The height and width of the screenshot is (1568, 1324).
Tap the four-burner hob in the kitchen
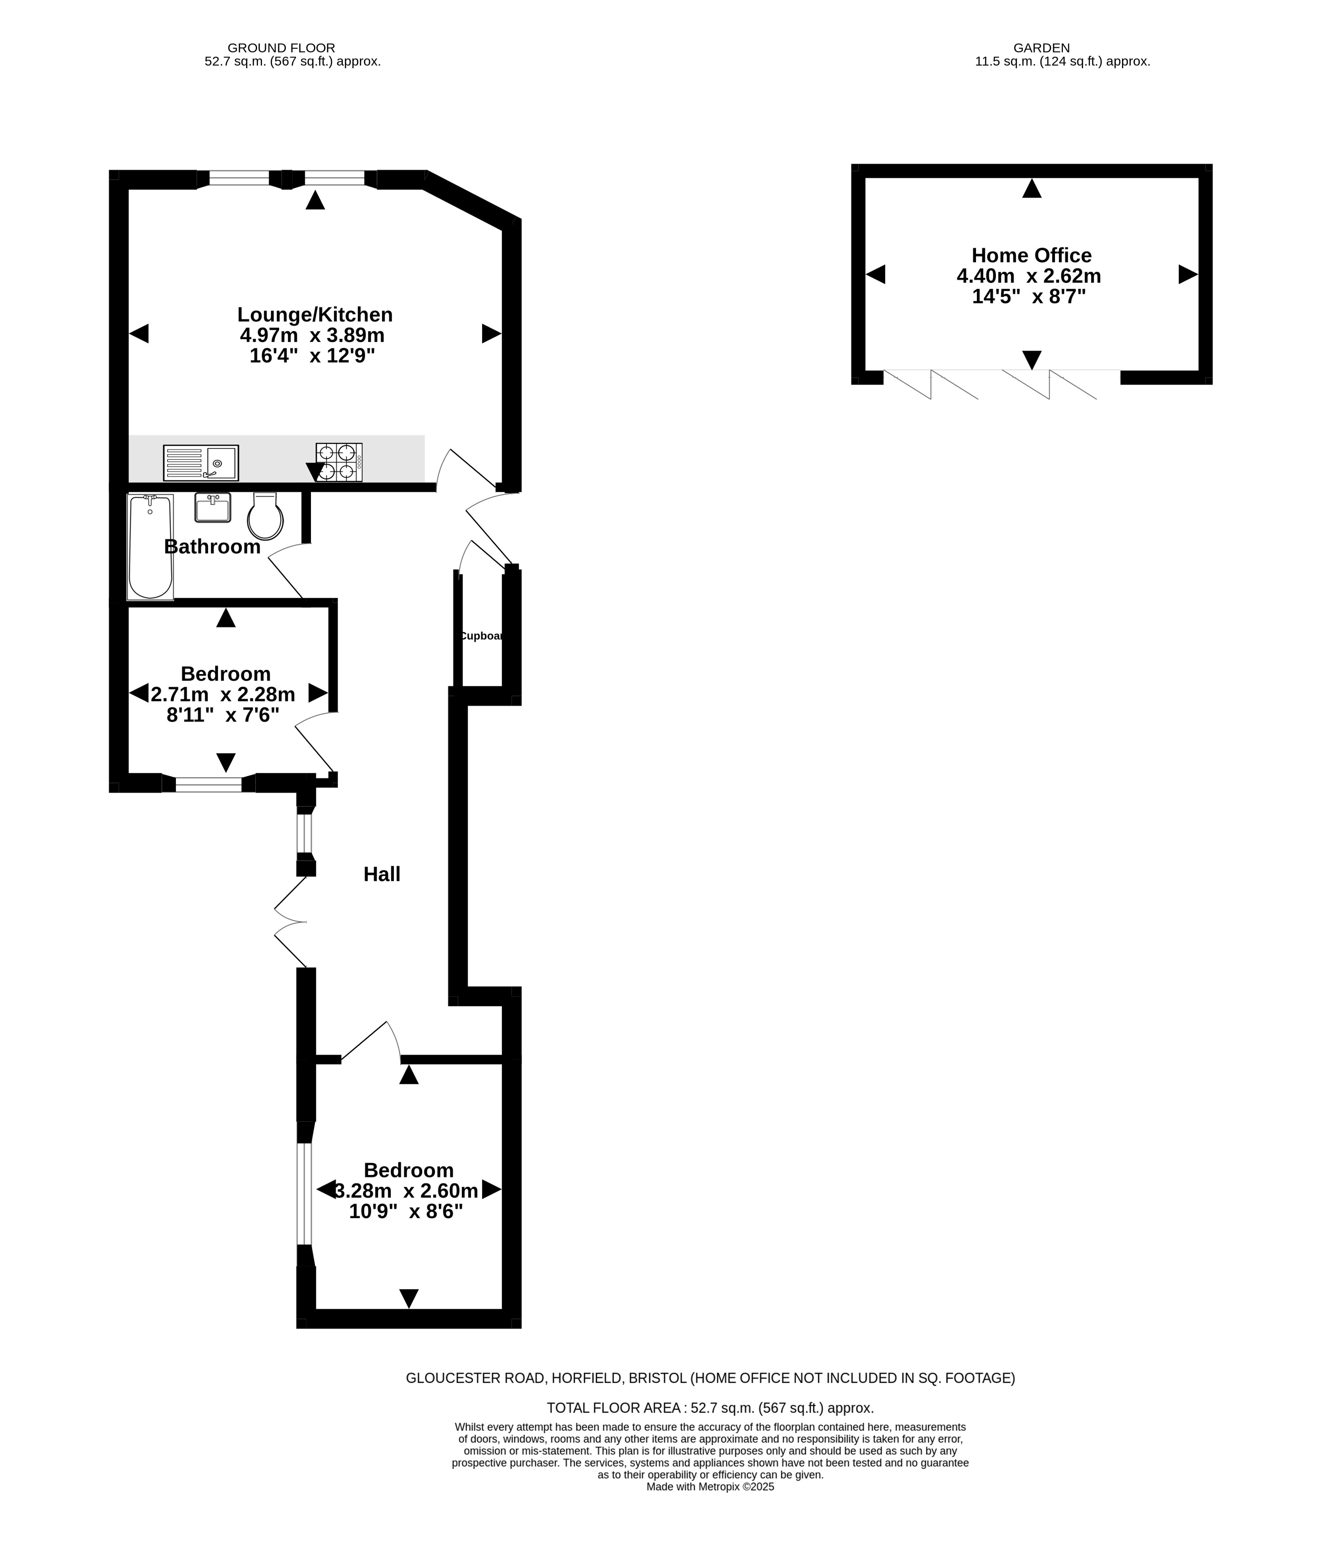click(x=339, y=462)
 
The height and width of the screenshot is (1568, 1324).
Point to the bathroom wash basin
click(x=213, y=507)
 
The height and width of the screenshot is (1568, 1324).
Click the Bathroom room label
click(x=213, y=546)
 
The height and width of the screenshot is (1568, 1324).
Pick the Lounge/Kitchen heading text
click(x=315, y=314)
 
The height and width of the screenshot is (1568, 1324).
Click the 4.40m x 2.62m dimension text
click(x=1029, y=276)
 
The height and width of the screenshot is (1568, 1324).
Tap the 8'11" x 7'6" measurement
click(x=223, y=715)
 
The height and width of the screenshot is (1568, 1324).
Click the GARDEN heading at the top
click(x=1042, y=48)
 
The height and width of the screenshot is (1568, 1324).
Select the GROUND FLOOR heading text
click(x=281, y=48)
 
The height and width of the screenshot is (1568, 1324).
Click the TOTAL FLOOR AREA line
click(x=710, y=1408)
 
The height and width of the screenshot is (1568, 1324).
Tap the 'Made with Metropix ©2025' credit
click(x=710, y=1486)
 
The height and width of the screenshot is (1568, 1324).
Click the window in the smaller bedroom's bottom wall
click(x=209, y=784)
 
